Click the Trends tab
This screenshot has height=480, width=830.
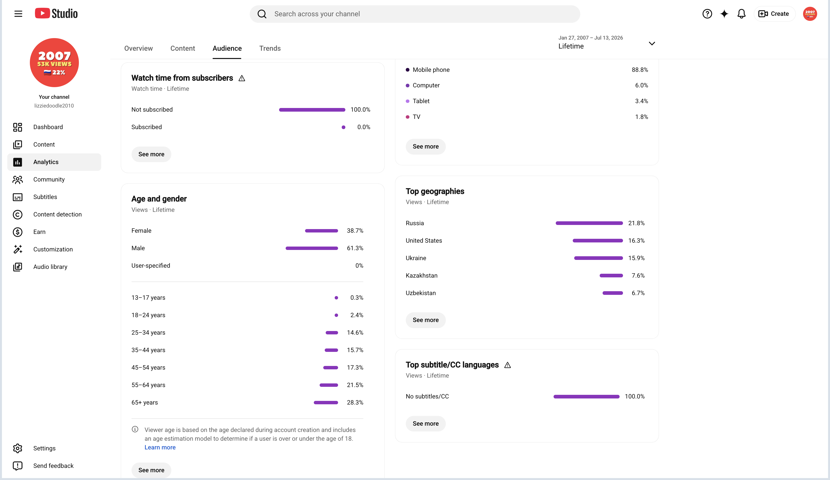(x=270, y=49)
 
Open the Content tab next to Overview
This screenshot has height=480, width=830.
(x=183, y=49)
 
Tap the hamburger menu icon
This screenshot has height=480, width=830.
(x=18, y=14)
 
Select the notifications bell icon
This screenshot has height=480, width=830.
(x=741, y=14)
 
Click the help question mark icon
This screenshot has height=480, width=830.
(x=707, y=14)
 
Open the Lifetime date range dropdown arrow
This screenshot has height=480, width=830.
(x=652, y=43)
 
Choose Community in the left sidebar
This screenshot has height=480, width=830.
(x=49, y=180)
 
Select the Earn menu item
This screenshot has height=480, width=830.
(x=39, y=232)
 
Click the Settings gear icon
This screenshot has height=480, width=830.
(x=17, y=448)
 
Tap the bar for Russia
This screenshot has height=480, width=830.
(x=589, y=223)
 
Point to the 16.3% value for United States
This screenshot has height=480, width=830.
(x=636, y=241)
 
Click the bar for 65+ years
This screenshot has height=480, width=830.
(x=326, y=403)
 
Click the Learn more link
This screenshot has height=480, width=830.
(x=160, y=447)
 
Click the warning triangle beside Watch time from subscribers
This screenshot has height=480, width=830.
(x=242, y=78)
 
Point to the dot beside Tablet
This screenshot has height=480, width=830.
(x=407, y=101)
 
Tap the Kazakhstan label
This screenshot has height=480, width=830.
(x=422, y=276)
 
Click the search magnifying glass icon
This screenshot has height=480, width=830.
(x=262, y=14)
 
